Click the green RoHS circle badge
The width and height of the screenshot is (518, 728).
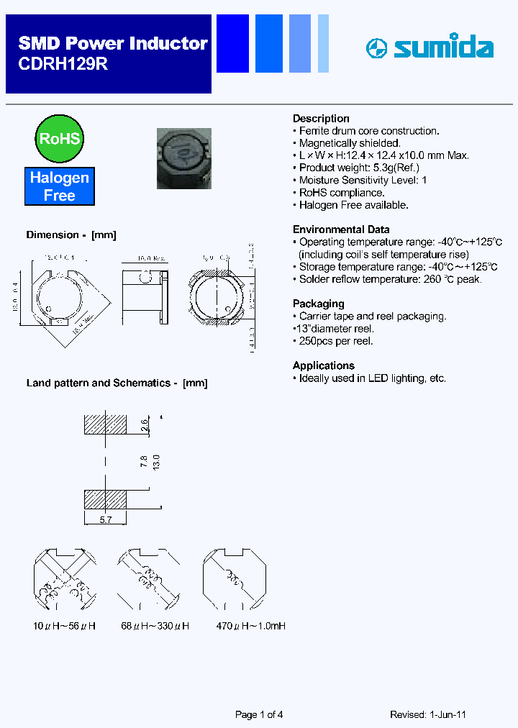point(59,138)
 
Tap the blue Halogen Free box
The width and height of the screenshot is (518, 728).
point(59,186)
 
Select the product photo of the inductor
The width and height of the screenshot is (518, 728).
point(183,158)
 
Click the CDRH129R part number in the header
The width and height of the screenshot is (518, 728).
point(63,64)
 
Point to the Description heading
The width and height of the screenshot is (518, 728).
point(321,119)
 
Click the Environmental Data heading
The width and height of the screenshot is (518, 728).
point(341,229)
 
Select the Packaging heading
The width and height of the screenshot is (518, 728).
point(318,304)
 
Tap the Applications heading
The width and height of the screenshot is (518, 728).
point(323,365)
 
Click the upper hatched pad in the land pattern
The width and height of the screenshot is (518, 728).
point(105,425)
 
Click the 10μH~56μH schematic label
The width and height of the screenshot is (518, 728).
point(65,627)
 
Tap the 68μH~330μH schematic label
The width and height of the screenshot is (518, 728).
point(155,627)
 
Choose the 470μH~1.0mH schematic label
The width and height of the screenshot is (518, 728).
point(251,627)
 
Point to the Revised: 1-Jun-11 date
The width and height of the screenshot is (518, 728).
point(428,714)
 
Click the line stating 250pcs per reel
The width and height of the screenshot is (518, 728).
point(335,341)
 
